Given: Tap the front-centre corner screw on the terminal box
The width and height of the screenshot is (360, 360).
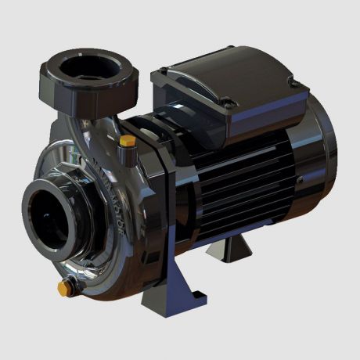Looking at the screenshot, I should [225, 102].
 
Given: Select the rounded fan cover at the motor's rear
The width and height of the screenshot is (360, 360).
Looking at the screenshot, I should [317, 168].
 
